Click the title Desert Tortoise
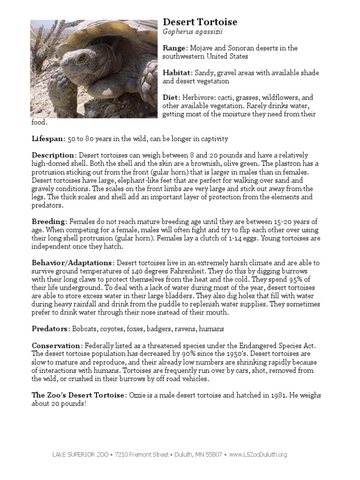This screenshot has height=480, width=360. tap(200, 22)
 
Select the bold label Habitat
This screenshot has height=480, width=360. tap(177, 73)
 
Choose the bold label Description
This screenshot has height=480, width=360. tap(53, 155)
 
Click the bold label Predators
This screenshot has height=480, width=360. tap(50, 329)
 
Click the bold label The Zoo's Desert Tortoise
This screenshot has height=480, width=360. tap(78, 395)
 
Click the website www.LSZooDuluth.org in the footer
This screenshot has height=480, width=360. tap(258, 454)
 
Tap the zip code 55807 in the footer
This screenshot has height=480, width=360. tap(214, 454)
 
